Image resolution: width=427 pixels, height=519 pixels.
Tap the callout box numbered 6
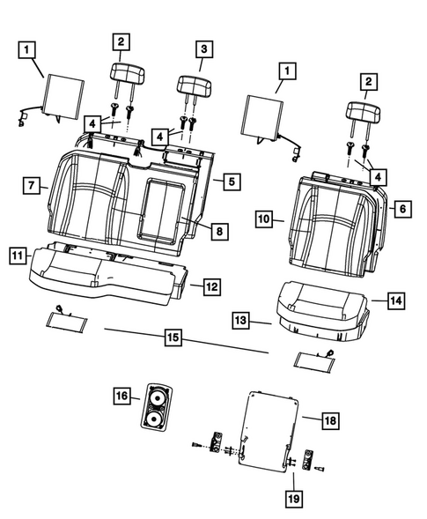[401, 209]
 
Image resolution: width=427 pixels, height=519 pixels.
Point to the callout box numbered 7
[31, 185]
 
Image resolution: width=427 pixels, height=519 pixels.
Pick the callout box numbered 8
[218, 231]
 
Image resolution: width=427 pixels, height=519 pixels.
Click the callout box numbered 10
[262, 217]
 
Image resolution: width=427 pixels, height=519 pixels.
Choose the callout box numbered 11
[17, 255]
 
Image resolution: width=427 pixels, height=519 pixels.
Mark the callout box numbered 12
[211, 286]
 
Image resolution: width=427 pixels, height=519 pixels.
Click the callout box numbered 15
[173, 336]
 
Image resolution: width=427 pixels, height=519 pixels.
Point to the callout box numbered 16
[121, 398]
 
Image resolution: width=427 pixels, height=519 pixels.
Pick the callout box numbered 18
[328, 423]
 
